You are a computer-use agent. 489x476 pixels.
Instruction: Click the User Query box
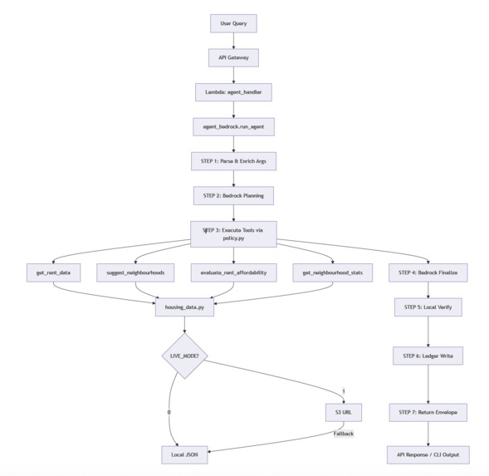(233, 23)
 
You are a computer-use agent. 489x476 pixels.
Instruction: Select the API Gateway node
(233, 57)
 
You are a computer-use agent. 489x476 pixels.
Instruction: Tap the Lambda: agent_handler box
(233, 91)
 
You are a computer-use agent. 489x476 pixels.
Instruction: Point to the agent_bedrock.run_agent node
(233, 126)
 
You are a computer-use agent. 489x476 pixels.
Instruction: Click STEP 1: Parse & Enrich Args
(233, 160)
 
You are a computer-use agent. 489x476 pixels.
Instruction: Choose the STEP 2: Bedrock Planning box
(233, 195)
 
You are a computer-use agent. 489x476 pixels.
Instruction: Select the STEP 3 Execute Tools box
(233, 233)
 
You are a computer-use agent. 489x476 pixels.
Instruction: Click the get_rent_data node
(53, 272)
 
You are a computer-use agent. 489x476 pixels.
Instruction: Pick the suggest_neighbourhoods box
(135, 272)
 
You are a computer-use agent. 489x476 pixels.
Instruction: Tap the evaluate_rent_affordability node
(233, 272)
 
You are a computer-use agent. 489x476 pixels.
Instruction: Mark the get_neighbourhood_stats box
(332, 272)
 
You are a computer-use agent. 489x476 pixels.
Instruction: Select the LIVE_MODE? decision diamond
(184, 356)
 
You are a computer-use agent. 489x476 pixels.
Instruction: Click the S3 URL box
(342, 412)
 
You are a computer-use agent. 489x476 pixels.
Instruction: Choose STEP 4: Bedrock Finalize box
(428, 272)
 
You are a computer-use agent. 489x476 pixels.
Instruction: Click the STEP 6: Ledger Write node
(428, 356)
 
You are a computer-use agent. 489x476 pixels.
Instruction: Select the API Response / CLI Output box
(428, 454)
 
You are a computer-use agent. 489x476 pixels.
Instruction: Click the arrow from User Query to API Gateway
(233, 40)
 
